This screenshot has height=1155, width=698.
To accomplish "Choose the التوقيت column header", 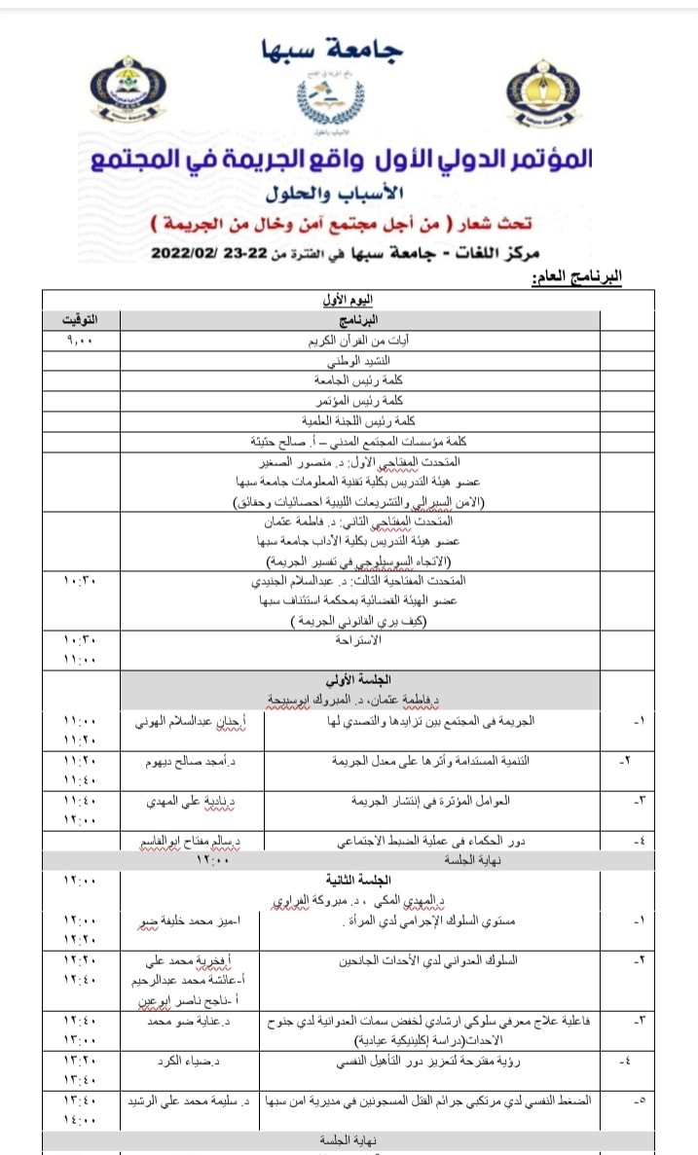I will [x=80, y=319].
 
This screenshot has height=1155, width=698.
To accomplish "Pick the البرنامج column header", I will [x=360, y=320].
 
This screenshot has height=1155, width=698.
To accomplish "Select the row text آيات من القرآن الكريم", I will [x=360, y=342].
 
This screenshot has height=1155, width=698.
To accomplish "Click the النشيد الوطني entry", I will [x=361, y=361].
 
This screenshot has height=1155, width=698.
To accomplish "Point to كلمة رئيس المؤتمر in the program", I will [x=360, y=400].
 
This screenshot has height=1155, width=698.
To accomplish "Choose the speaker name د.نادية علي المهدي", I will [x=192, y=800].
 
